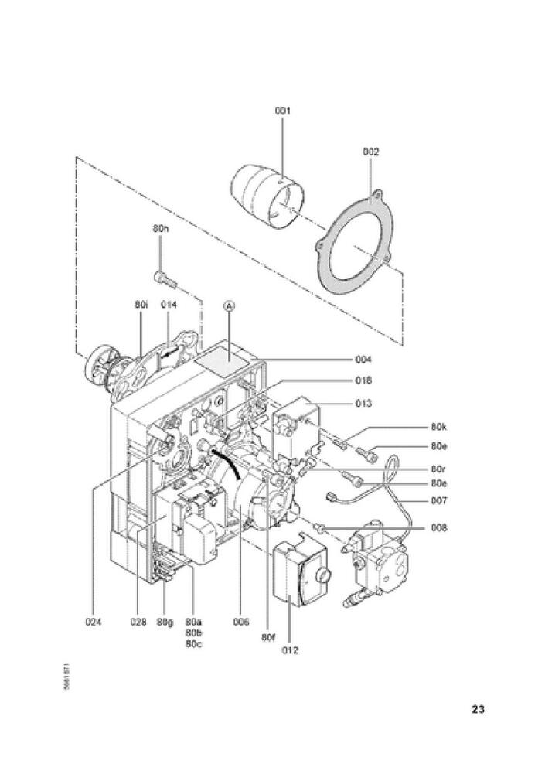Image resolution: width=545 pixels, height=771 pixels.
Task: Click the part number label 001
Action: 282,111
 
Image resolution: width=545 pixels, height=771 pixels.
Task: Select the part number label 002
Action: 371,152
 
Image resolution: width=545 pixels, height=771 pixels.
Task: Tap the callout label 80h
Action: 161,228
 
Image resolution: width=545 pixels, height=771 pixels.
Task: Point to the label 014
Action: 169,305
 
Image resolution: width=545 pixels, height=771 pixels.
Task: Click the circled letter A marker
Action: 228,306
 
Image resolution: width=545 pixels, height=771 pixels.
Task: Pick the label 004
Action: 363,360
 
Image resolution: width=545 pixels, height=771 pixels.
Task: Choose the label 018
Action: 363,380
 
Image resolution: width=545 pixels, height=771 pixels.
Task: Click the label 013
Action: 363,403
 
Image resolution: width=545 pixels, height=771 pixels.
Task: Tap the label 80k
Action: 439,426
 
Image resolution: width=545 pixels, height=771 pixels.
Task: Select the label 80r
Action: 439,469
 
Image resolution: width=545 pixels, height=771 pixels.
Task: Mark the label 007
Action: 439,500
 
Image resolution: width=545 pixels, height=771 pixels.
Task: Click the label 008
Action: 439,528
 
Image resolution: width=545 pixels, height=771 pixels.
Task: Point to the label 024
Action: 94,622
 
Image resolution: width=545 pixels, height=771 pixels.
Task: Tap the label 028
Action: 138,622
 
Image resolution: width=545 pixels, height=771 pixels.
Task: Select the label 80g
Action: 165,622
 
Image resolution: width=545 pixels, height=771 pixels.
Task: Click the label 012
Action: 289,650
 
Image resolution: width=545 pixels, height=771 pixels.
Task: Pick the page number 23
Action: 478,708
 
